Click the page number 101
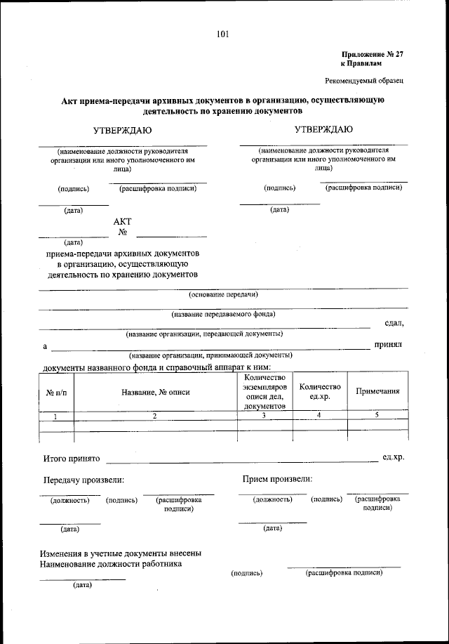pos(223,34)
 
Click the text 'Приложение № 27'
pos(372,54)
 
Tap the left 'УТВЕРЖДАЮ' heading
pos(123,130)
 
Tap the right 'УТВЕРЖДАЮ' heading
pos(323,129)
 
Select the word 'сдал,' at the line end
pos(394,323)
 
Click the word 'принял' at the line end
pos(388,345)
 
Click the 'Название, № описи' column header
pos(156,392)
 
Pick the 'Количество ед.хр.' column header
pos(320,392)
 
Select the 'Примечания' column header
pos(377,392)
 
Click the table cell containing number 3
pos(264,416)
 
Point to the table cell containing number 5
pos(377,416)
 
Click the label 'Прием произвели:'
pos(277,479)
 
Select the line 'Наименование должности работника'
pos(112,563)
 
